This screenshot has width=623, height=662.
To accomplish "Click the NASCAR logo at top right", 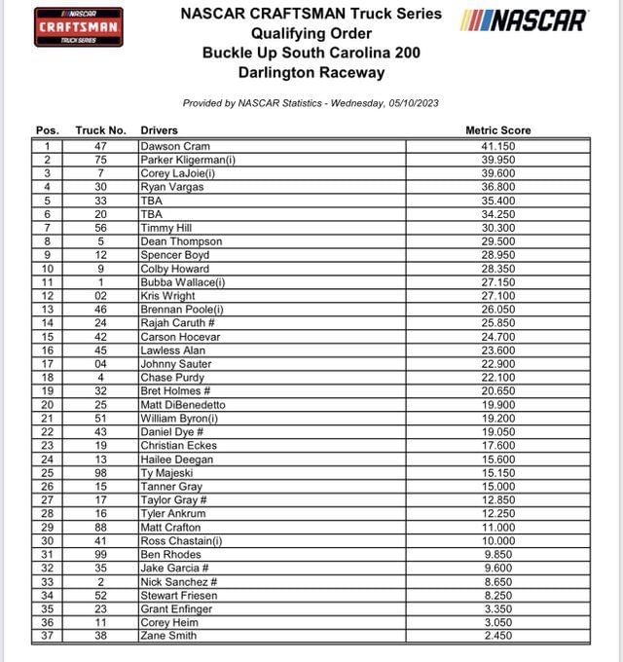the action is pyautogui.click(x=525, y=20).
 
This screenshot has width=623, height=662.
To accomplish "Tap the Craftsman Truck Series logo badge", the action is pyautogui.click(x=79, y=26).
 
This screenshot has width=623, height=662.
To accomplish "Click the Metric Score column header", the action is pyautogui.click(x=498, y=130).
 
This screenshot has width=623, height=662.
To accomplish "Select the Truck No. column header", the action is pyautogui.click(x=100, y=130).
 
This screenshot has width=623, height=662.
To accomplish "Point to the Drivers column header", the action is pyautogui.click(x=160, y=130).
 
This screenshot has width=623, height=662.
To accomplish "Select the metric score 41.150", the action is pyautogui.click(x=498, y=146).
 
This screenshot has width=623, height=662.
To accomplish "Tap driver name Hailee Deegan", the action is pyautogui.click(x=176, y=460).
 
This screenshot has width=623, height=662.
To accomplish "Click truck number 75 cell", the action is pyautogui.click(x=100, y=160).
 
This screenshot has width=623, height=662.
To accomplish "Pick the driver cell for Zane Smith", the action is pyautogui.click(x=167, y=636).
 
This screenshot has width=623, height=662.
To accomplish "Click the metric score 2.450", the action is pyautogui.click(x=498, y=636).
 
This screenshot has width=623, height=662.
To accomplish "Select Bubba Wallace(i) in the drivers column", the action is pyautogui.click(x=182, y=282).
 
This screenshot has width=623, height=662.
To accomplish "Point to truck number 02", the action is pyautogui.click(x=100, y=296).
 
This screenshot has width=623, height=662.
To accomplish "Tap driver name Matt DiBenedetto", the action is pyautogui.click(x=182, y=405).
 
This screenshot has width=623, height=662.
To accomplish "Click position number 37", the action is pyautogui.click(x=47, y=636).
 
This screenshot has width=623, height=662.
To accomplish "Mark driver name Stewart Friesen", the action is pyautogui.click(x=178, y=595).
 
